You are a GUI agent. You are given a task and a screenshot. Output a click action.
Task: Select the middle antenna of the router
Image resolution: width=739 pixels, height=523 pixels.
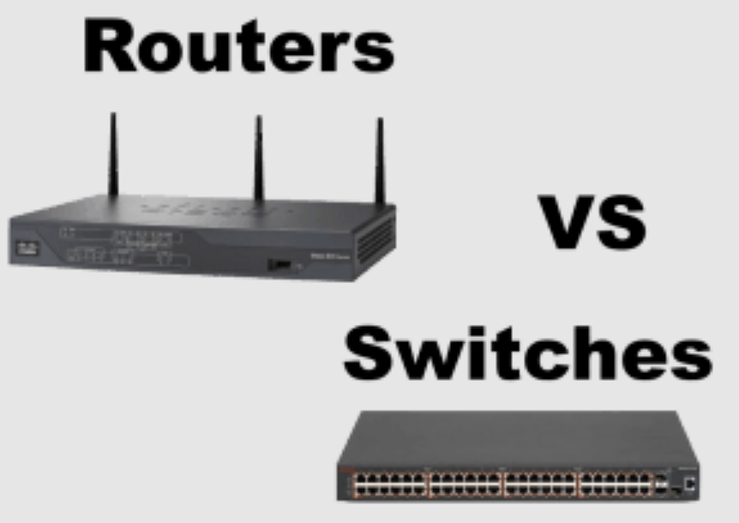coord(258,159)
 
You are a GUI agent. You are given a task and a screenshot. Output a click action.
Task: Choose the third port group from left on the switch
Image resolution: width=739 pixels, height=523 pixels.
coord(542,484)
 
